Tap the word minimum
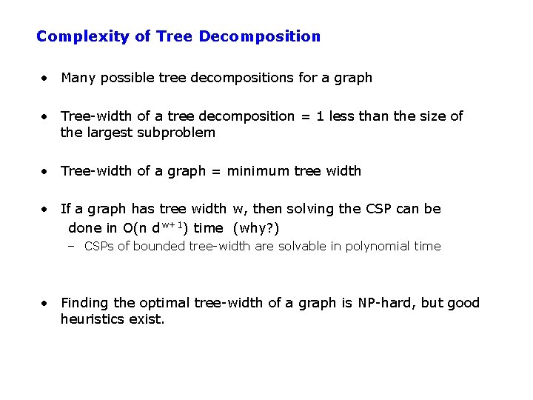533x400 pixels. (258, 171)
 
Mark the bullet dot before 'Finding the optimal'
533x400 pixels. (46, 303)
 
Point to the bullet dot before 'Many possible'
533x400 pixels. (46, 78)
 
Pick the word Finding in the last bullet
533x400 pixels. (84, 303)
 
